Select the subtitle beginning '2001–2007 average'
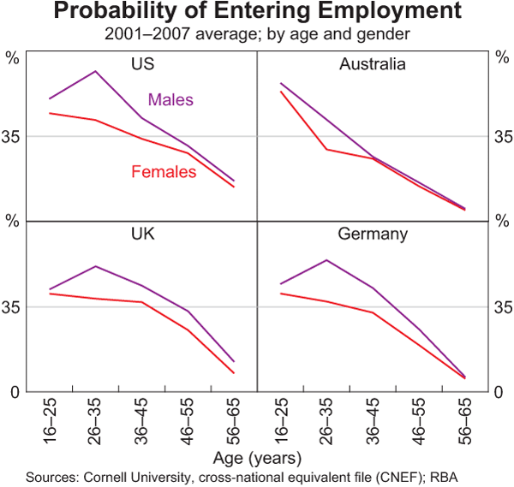[x=256, y=34]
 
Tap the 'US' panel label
[x=142, y=64]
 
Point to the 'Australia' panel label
[x=372, y=64]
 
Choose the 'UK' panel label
[x=142, y=234]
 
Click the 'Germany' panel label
[x=372, y=234]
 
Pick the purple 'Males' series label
[x=170, y=100]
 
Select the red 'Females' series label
[x=164, y=172]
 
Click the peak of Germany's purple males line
[x=326, y=260]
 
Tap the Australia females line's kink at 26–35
[x=326, y=150]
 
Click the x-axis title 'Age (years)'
[x=257, y=456]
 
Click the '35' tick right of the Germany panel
[x=500, y=306]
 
